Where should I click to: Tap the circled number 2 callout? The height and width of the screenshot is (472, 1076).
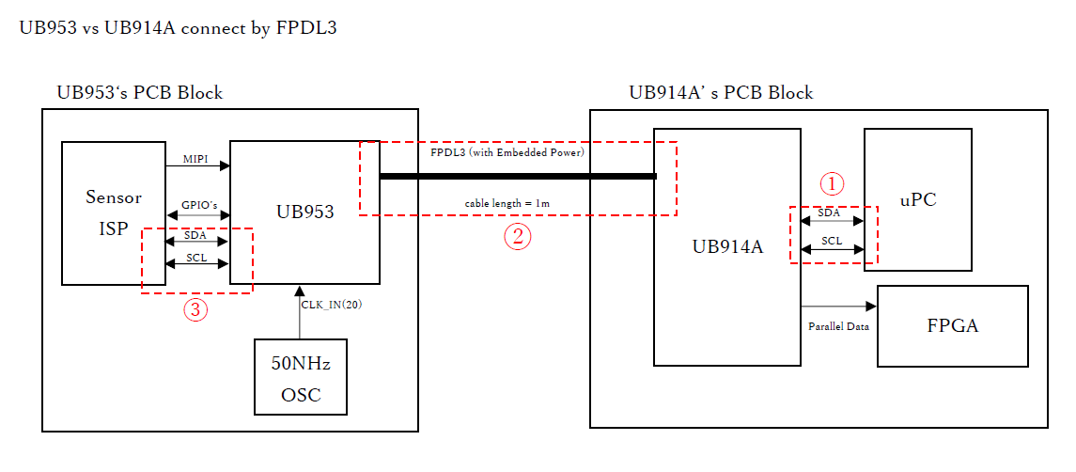tap(518, 237)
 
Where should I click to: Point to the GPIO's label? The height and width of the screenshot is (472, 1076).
tap(198, 204)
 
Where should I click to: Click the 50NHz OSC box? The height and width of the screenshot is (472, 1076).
tap(301, 377)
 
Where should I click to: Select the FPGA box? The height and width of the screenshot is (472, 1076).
tap(952, 325)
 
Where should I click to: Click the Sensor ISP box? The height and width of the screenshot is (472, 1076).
tap(114, 212)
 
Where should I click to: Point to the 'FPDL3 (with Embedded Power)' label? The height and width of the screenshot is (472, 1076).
tap(507, 151)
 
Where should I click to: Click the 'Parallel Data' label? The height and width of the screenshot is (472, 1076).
tap(838, 327)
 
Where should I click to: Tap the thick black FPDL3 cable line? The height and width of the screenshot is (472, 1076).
tap(517, 176)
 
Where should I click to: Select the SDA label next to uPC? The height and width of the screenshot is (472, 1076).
tap(829, 212)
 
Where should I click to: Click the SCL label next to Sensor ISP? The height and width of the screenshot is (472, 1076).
tap(196, 257)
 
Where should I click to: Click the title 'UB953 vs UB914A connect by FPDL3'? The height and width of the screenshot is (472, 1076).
tap(179, 28)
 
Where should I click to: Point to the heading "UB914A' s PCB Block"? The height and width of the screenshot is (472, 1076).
tap(721, 92)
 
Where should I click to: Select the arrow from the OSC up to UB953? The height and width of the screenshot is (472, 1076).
tap(300, 311)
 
